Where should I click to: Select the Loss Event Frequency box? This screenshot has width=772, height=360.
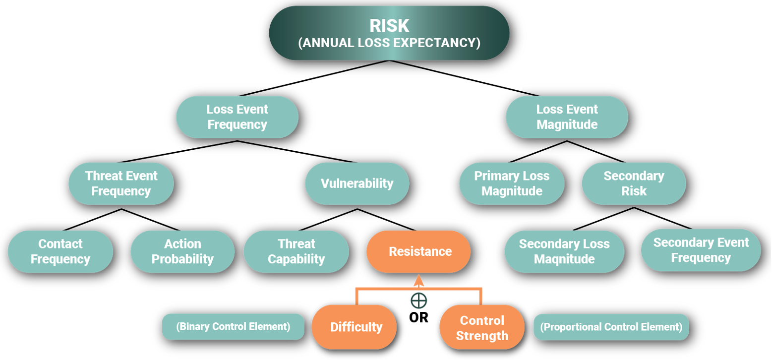click(x=237, y=117)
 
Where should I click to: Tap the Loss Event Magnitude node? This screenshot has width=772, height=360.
click(x=567, y=117)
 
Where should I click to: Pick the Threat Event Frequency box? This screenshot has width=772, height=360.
click(x=121, y=183)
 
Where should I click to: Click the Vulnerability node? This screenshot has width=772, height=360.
click(x=357, y=183)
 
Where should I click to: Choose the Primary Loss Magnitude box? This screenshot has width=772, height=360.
click(x=512, y=183)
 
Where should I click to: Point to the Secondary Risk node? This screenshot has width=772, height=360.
click(x=634, y=183)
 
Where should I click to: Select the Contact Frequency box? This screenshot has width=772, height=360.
click(x=60, y=251)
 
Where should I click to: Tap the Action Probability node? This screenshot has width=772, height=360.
click(x=182, y=251)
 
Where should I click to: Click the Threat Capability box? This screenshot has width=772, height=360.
click(x=297, y=251)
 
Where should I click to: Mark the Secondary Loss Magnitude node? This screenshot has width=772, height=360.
click(x=564, y=251)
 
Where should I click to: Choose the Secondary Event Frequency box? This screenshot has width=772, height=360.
click(x=701, y=250)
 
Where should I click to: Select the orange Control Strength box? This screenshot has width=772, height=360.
click(x=482, y=328)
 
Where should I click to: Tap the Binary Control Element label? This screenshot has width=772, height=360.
click(x=233, y=327)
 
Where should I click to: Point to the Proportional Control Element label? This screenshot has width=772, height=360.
click(x=611, y=327)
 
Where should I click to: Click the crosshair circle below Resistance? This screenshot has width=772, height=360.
click(x=419, y=300)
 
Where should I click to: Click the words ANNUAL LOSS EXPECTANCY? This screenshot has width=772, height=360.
click(x=389, y=43)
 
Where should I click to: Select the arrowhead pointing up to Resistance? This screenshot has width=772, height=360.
click(x=419, y=281)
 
